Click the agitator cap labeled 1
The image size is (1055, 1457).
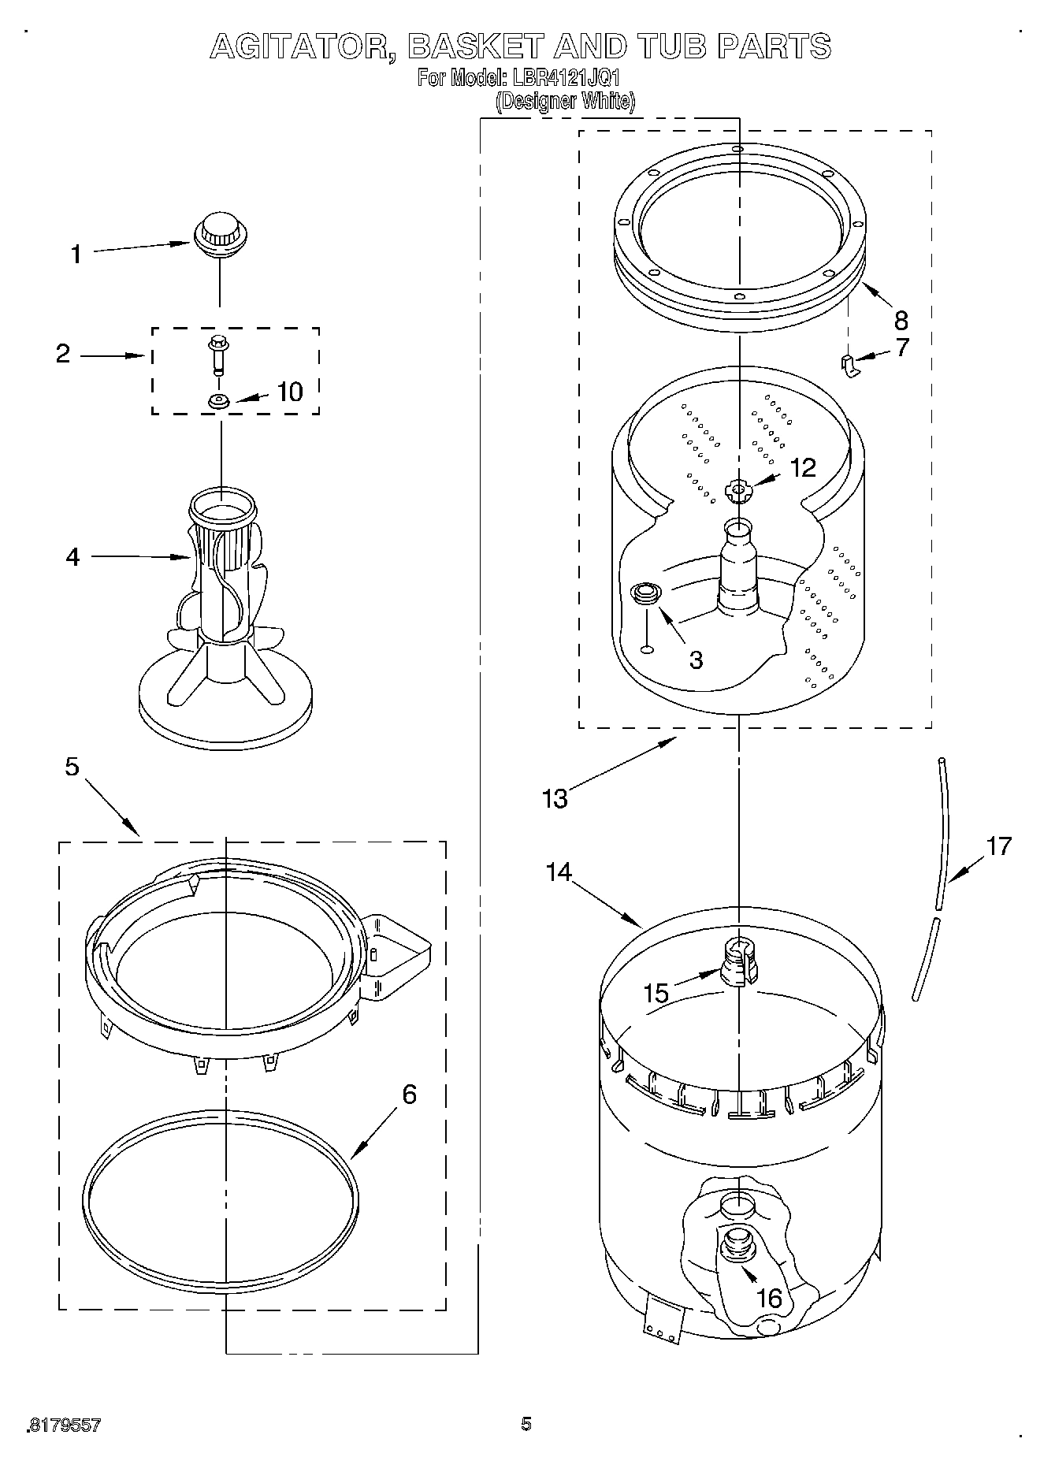pyautogui.click(x=220, y=235)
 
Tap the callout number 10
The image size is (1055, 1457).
pyautogui.click(x=290, y=392)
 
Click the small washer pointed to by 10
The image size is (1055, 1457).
pyautogui.click(x=219, y=402)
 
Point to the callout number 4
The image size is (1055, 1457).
pyautogui.click(x=72, y=557)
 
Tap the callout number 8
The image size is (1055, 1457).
pyautogui.click(x=901, y=320)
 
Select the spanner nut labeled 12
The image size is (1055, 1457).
pyautogui.click(x=738, y=491)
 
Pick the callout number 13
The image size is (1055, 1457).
pyautogui.click(x=555, y=798)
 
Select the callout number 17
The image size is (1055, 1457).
pyautogui.click(x=998, y=846)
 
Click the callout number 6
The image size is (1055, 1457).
pyautogui.click(x=409, y=1095)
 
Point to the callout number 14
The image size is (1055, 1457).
pyautogui.click(x=559, y=872)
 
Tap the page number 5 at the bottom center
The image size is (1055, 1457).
pyautogui.click(x=526, y=1423)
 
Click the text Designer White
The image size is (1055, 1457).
pyautogui.click(x=565, y=101)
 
